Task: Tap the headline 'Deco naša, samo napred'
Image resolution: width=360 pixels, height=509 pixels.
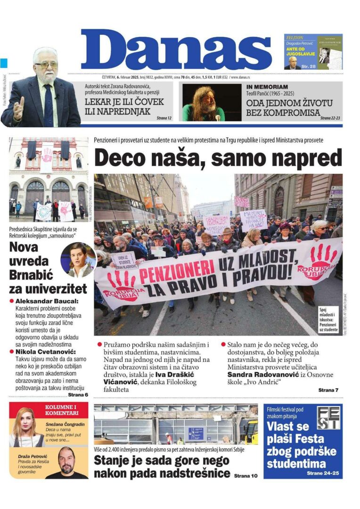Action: pyautogui.click(x=218, y=157)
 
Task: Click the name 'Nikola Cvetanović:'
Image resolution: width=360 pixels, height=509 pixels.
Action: pyautogui.click(x=45, y=351)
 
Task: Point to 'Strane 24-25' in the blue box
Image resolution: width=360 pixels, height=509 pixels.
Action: pyautogui.click(x=322, y=473)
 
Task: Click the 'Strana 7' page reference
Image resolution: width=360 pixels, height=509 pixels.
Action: pyautogui.click(x=328, y=390)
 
